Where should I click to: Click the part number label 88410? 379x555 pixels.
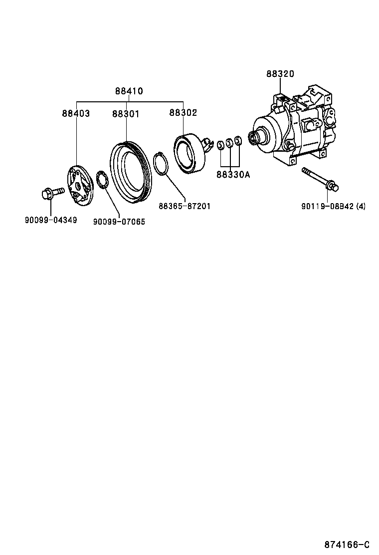coord(129,91)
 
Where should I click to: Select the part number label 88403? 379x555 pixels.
coord(76,113)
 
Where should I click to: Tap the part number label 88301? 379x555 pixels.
coord(126,114)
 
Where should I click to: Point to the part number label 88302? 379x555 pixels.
coord(183,113)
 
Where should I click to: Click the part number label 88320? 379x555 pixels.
coord(280,74)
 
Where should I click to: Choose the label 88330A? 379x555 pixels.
coord(233,175)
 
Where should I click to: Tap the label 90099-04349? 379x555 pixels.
coord(51,220)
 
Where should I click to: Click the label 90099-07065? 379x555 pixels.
coord(119,222)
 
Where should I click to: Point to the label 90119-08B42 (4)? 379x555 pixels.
coord(333,206)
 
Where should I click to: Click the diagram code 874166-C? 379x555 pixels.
coord(347,544)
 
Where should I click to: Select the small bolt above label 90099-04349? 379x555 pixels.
coord(51,192)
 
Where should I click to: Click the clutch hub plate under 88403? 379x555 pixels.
coord(80,187)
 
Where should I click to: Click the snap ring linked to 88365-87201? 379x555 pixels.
coord(161,164)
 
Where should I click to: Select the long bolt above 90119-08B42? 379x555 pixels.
coord(320,180)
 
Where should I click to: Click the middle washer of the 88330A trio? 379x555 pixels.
coord(229,144)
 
